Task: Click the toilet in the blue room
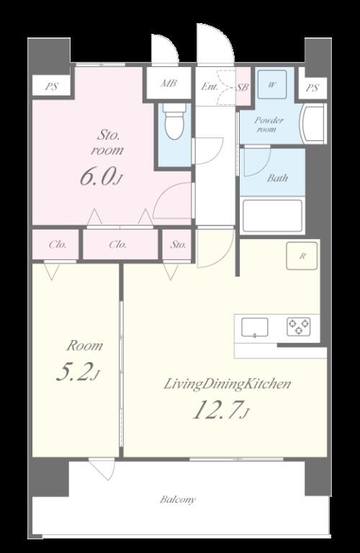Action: click(174, 121)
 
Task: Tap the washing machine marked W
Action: click(272, 85)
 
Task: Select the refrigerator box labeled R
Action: click(302, 256)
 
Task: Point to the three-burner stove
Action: click(299, 327)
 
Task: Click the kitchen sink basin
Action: click(255, 328)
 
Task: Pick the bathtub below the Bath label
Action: click(273, 216)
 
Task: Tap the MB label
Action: click(168, 84)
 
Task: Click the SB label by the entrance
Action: click(243, 86)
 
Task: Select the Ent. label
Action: click(209, 86)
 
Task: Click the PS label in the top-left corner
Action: click(51, 86)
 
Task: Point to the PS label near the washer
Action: click(312, 87)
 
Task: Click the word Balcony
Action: click(177, 500)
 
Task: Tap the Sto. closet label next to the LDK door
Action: click(178, 244)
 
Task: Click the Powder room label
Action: click(269, 125)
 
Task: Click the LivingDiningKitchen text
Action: click(228, 384)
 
